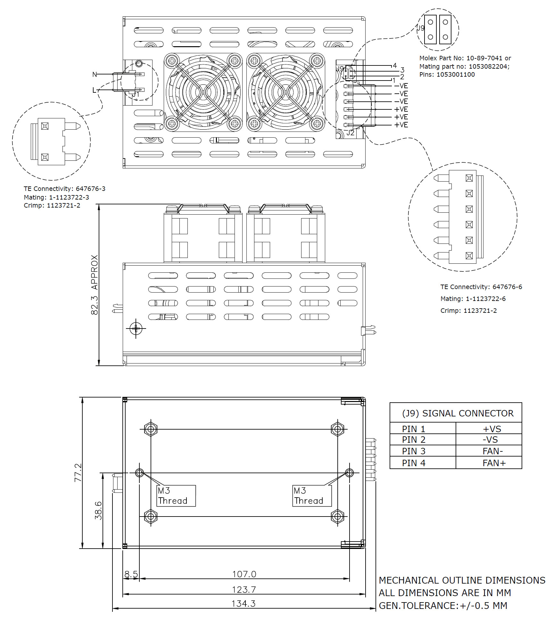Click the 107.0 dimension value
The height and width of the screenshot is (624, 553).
coord(244,574)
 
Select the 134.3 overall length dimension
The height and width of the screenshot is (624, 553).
coord(243,603)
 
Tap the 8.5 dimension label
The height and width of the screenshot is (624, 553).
coord(131,574)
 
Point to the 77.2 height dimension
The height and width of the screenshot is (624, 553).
coord(78,473)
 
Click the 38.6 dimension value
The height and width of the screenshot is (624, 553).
coord(98,510)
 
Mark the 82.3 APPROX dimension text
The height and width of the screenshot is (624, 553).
coord(94,285)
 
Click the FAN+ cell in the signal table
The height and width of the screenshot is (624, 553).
coord(494,463)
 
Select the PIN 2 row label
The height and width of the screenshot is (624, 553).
coord(414,440)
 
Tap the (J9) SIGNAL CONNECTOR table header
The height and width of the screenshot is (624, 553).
coord(458,413)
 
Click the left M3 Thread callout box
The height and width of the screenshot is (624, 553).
coord(176,496)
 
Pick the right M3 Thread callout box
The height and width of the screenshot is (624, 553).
coord(311,496)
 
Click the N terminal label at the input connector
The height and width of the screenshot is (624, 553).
coord(95,74)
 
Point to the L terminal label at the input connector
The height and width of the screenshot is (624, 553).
coord(94,90)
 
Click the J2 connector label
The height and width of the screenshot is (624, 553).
coord(350,133)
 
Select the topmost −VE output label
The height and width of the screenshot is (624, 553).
coord(401,86)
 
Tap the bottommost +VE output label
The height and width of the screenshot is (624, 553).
coord(401,125)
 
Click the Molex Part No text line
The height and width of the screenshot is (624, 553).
coord(465,58)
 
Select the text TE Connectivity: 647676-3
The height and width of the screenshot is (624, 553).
coord(64,189)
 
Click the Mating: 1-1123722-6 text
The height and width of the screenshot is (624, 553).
coord(473,299)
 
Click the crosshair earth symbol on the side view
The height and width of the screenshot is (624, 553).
coord(136,328)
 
